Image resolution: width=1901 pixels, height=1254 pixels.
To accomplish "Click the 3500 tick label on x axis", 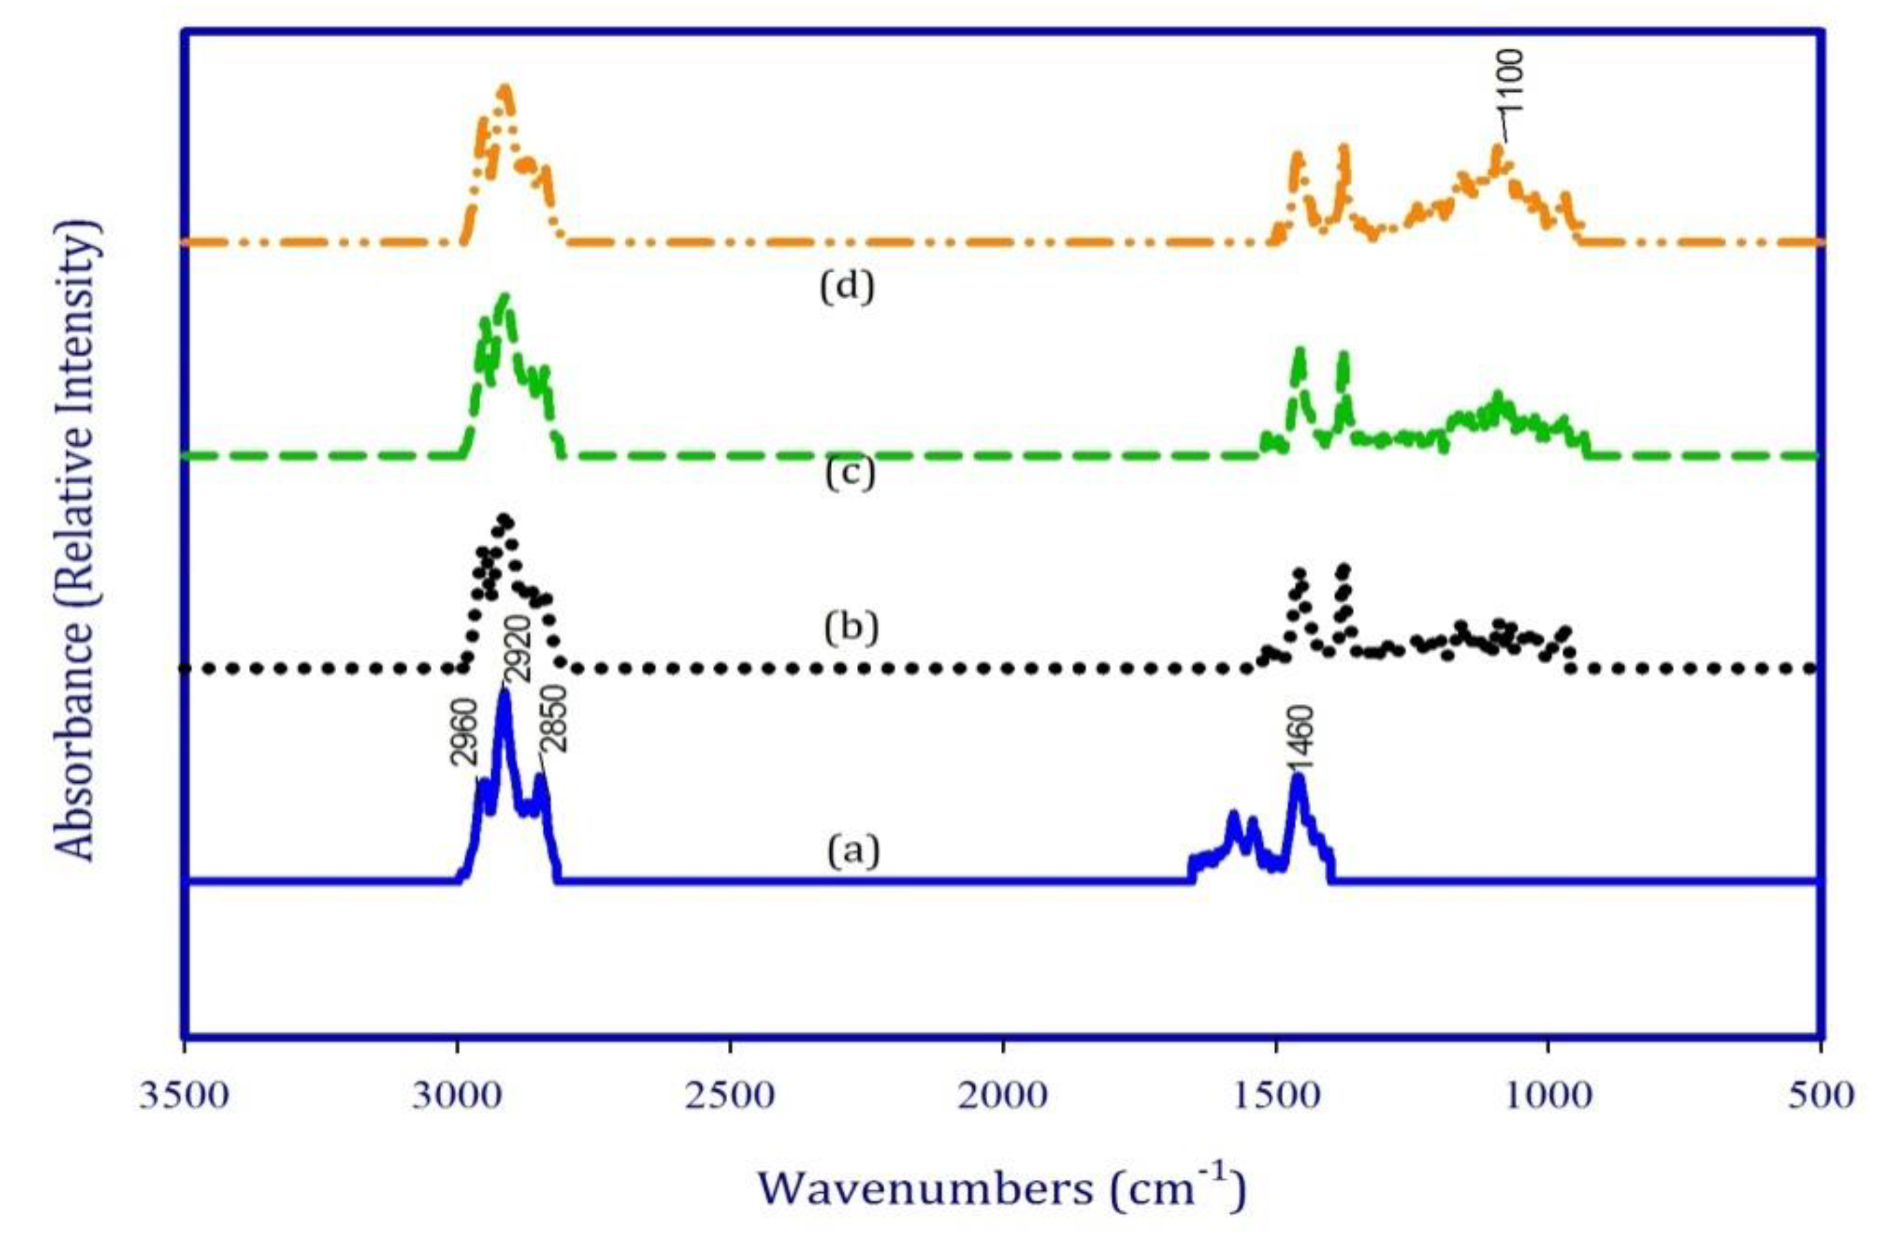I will [x=184, y=1096].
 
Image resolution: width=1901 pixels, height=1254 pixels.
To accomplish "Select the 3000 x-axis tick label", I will [x=457, y=1096].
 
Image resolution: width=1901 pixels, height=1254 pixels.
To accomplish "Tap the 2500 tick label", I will [x=729, y=1096].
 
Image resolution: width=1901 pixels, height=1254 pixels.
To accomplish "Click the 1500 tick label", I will [x=1275, y=1096].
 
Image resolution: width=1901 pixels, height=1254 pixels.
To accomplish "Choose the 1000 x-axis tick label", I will [x=1548, y=1096].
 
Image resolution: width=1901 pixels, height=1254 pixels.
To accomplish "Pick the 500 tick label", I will [x=1820, y=1096].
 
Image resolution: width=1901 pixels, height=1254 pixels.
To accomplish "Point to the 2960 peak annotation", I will [x=464, y=733].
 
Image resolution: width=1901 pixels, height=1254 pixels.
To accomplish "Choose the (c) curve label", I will [x=849, y=473].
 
